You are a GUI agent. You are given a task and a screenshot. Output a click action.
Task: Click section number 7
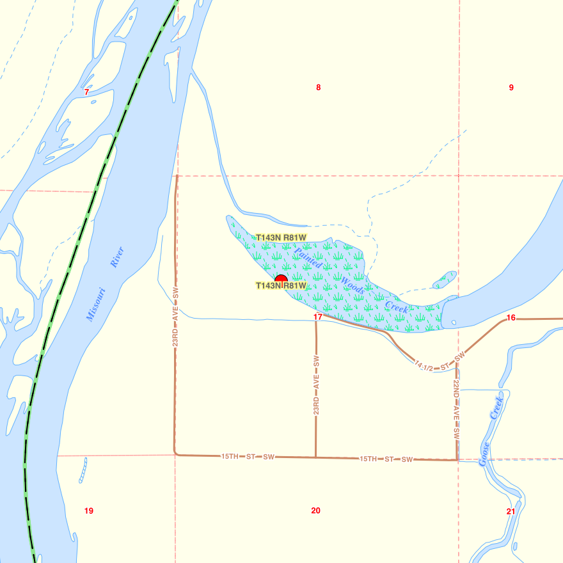[86, 92]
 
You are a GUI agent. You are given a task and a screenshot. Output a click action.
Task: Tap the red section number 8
[318, 88]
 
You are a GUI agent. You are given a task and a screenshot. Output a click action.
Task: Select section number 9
[511, 88]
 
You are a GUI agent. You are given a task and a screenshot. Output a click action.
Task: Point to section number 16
[511, 318]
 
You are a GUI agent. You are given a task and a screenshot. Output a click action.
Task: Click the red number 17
[318, 317]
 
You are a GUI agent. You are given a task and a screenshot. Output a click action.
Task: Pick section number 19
[89, 511]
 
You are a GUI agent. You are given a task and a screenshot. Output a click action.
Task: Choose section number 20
[315, 511]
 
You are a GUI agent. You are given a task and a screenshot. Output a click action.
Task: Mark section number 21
[511, 511]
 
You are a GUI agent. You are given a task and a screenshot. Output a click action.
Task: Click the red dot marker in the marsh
[280, 279]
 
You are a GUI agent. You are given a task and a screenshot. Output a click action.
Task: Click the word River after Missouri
[116, 257]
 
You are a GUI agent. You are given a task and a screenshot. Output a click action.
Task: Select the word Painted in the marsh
[308, 256]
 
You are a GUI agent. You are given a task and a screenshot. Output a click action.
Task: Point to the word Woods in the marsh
[353, 285]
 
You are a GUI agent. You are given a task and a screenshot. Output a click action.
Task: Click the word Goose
[484, 454]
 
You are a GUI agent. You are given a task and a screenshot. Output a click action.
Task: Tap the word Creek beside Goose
[497, 407]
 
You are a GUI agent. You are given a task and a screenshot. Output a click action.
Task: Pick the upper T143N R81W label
[281, 238]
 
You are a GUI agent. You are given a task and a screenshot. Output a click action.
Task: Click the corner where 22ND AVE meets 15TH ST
[457, 459]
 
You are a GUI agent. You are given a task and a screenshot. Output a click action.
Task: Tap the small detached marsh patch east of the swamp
[445, 280]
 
